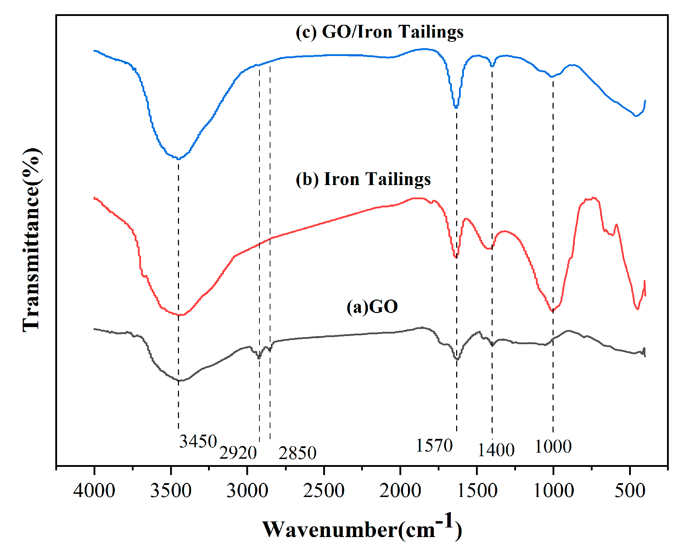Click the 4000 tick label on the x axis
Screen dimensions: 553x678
point(94,491)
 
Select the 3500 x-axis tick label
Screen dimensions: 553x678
point(170,491)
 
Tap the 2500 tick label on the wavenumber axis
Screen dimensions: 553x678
point(324,491)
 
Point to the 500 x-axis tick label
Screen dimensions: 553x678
point(630,491)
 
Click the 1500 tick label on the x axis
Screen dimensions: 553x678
point(477,491)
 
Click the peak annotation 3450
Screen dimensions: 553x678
point(198,441)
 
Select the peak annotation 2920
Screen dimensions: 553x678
point(238,453)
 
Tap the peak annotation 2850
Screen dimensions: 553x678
point(297,453)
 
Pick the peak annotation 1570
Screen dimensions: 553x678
point(434,445)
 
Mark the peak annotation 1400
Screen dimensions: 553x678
point(496,450)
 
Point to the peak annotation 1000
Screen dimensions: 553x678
point(553,446)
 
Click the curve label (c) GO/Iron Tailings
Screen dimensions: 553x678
point(379,32)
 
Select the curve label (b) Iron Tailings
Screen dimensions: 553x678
point(363,179)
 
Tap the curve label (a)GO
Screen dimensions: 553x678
point(372,307)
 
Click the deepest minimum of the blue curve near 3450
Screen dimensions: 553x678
point(178,158)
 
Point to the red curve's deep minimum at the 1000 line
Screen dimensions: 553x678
point(553,311)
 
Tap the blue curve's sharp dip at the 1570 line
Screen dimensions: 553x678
point(456,107)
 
